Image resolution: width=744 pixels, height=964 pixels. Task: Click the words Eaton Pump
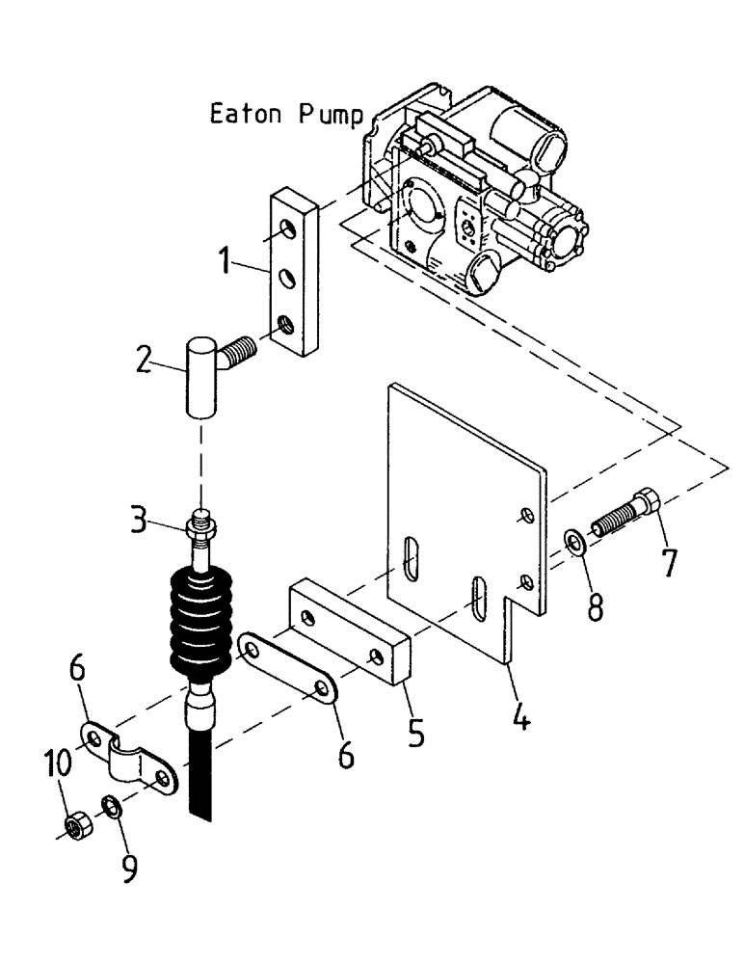coord(287,116)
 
